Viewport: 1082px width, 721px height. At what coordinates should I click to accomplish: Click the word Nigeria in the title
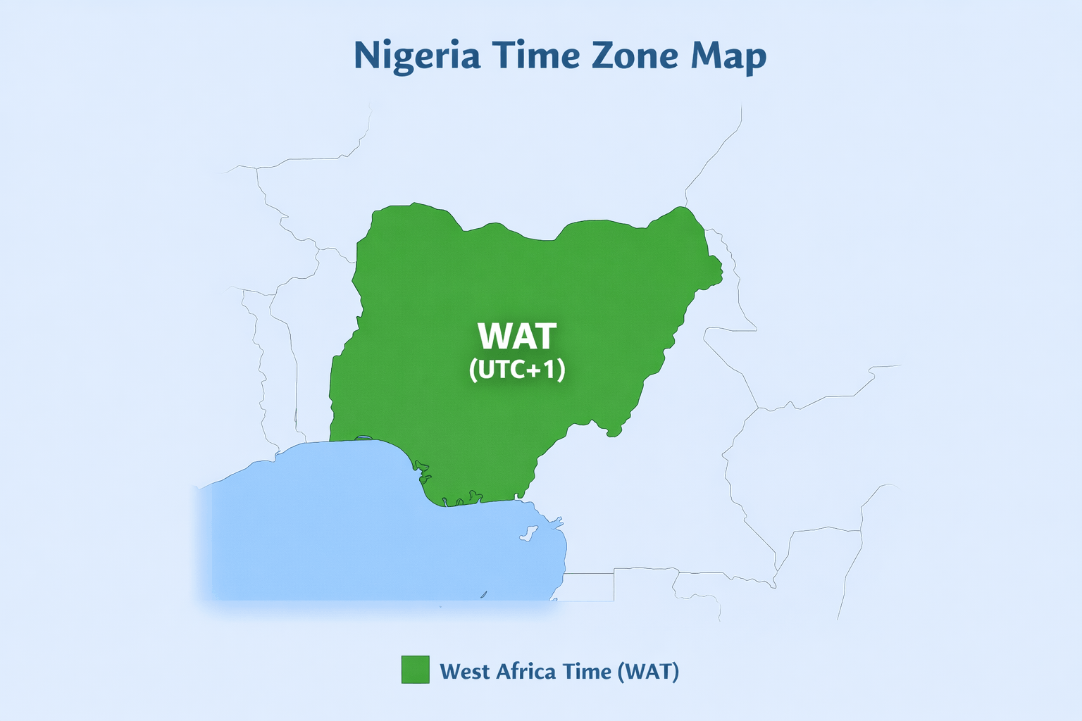coord(416,56)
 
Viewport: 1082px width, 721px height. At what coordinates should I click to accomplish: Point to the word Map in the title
coord(728,56)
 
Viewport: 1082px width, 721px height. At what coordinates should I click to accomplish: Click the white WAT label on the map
coord(517,337)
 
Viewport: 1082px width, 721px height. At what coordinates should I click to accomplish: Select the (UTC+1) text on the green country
coord(517,370)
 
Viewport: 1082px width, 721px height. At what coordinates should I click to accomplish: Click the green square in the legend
coord(415,670)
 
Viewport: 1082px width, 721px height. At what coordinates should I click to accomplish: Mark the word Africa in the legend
coord(527,671)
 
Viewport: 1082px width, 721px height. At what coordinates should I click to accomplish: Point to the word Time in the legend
coord(587,671)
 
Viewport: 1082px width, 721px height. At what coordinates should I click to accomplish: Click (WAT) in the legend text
coord(648,671)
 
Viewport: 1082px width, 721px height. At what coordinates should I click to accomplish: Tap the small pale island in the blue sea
coord(526,534)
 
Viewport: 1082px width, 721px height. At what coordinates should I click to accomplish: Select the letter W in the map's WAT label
coord(494,337)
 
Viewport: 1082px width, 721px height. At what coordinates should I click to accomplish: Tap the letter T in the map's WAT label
coord(544,337)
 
